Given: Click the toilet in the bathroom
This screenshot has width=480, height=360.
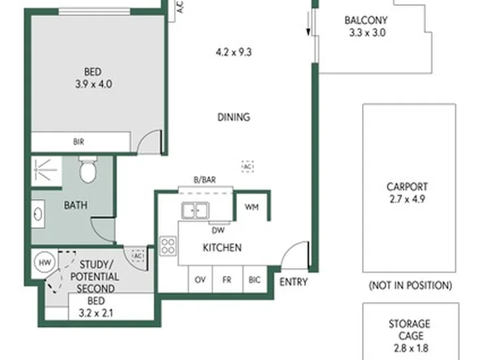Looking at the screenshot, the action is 88,169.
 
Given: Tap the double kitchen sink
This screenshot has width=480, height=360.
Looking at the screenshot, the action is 195,210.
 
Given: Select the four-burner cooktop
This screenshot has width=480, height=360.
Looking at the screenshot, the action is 168,246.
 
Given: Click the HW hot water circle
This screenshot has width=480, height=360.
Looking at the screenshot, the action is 45,263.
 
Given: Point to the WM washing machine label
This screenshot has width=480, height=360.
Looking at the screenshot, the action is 251,207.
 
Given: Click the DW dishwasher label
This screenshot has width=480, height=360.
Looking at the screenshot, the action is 218,230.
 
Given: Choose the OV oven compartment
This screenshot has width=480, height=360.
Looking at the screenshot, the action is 200,279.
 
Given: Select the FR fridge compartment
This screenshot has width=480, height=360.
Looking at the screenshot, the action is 227,279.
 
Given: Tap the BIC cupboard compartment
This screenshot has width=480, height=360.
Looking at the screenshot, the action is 255,279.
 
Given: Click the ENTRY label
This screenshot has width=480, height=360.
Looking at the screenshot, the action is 293,281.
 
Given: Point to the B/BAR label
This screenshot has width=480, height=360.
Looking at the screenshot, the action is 205,180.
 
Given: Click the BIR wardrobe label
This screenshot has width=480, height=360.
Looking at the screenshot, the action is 79,142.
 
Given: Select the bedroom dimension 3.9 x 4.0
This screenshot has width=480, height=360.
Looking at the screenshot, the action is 94,84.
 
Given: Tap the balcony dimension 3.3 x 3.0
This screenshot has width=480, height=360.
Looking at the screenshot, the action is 367,33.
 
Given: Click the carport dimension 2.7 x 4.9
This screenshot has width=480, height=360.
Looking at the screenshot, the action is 407,199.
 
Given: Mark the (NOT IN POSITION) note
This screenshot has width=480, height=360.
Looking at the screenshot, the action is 411,285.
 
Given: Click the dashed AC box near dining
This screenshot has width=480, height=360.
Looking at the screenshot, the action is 247,167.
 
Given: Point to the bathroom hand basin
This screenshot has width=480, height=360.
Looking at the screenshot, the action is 38,214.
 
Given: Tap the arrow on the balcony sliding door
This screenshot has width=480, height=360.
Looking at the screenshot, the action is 308,27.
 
